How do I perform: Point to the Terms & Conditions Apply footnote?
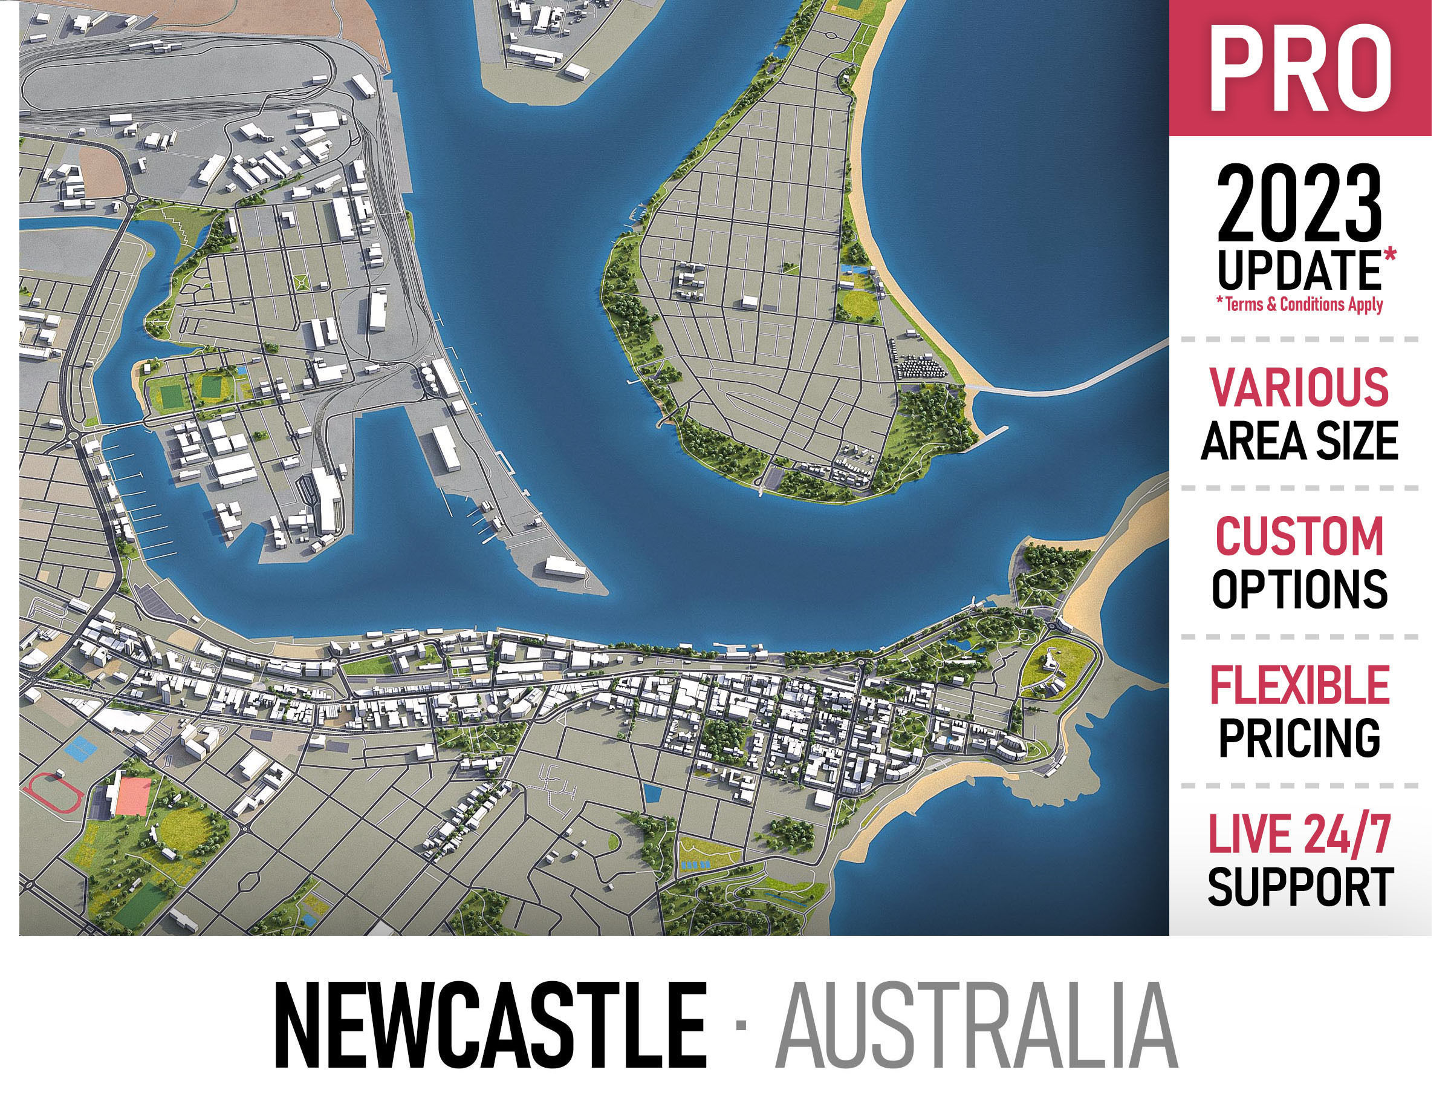[1299, 304]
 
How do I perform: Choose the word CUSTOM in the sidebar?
[1299, 537]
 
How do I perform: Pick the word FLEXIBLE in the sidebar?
[1299, 685]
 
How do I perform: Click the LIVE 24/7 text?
[1299, 834]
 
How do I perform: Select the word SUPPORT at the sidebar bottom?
[1299, 887]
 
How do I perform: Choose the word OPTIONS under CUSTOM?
[1299, 589]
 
